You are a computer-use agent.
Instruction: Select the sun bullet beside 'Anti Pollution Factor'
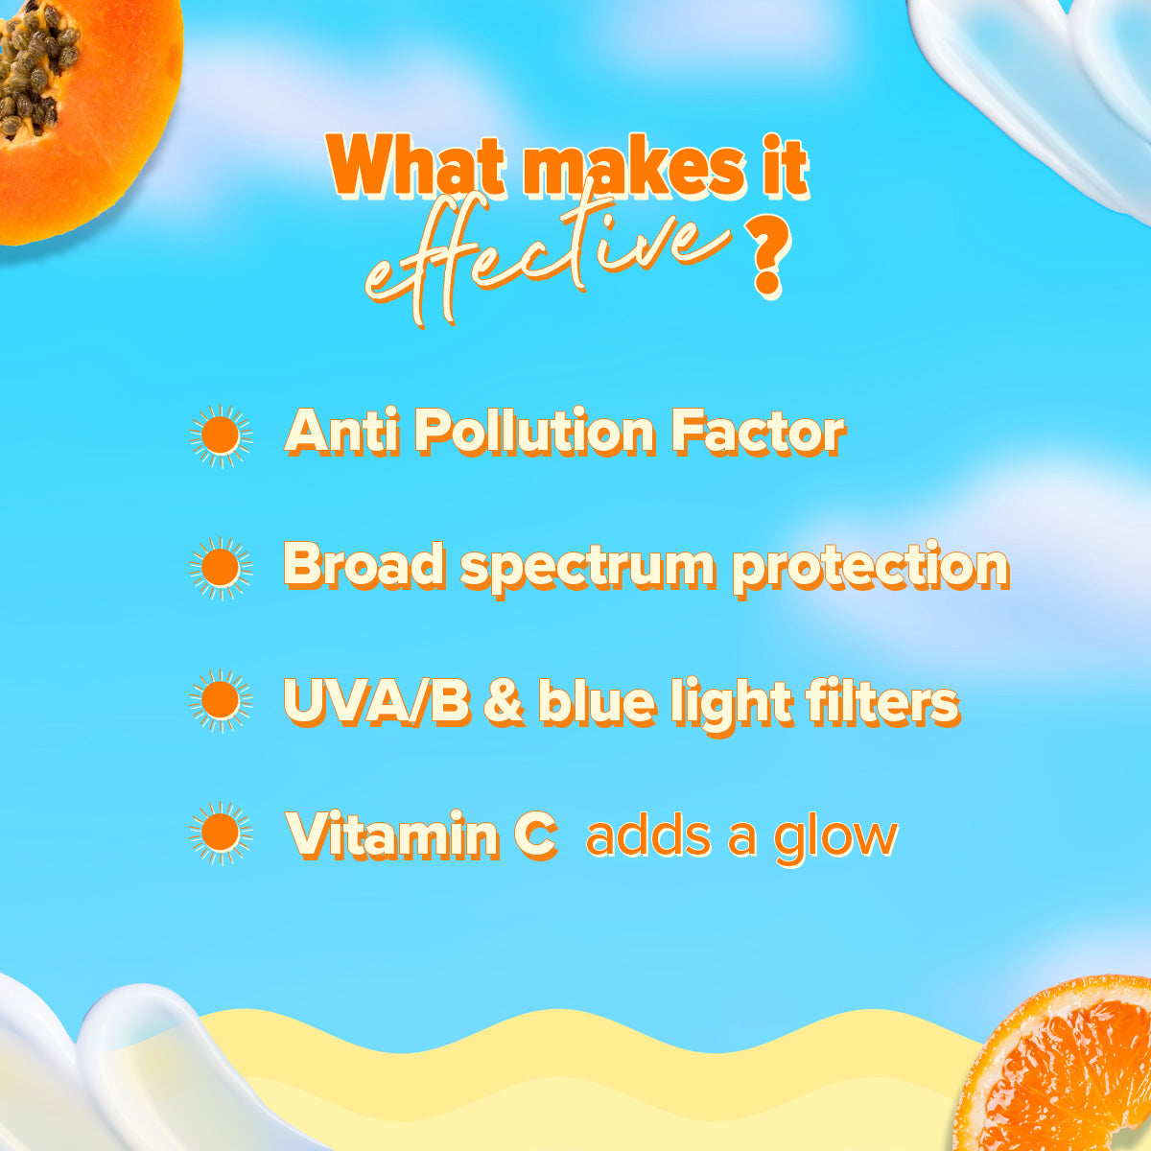(x=221, y=435)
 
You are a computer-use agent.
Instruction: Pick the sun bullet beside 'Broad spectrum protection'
(x=221, y=568)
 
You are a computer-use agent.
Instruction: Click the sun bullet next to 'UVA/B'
(x=221, y=701)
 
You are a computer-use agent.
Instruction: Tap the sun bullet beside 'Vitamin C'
(x=221, y=834)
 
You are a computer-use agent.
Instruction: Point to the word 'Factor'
(x=758, y=434)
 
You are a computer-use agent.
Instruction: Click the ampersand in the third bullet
(x=503, y=702)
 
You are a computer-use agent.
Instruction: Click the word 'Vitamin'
(x=394, y=834)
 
